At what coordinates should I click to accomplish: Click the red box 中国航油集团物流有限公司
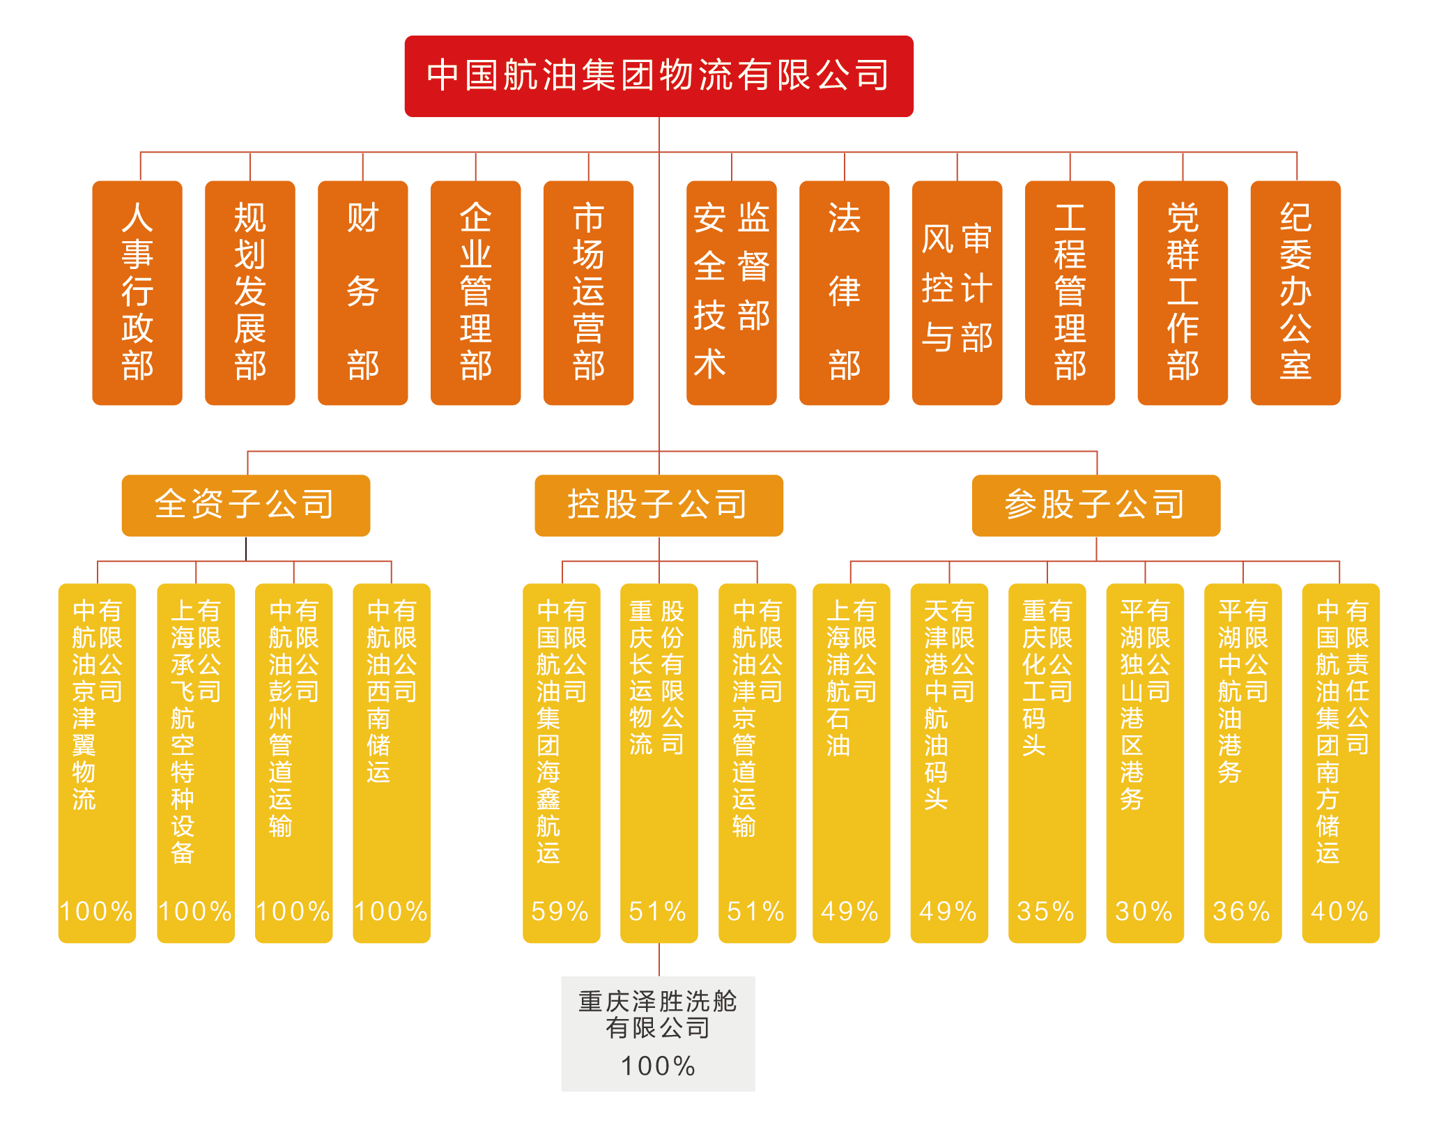point(659,76)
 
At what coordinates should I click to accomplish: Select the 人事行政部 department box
point(137,293)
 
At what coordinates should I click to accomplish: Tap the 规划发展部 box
point(250,293)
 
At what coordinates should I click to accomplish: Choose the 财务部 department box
point(363,293)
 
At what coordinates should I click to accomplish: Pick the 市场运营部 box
point(589,293)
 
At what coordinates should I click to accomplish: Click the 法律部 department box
point(845,293)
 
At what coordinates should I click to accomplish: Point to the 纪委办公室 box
point(1295,293)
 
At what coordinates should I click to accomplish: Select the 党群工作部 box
point(1183,293)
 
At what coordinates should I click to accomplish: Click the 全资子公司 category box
point(245,505)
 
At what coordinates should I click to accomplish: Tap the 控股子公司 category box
point(659,505)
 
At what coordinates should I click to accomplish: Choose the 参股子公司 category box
point(1096,505)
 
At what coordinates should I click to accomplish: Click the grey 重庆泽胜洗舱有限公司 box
point(658,1033)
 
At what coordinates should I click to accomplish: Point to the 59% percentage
point(561,911)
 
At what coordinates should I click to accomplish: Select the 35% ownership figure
point(1047,911)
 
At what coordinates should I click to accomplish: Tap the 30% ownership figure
point(1145,911)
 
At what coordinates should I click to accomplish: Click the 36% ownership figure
point(1242,911)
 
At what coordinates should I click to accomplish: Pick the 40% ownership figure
point(1340,911)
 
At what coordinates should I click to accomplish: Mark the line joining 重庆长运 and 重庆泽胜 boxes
point(659,960)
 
